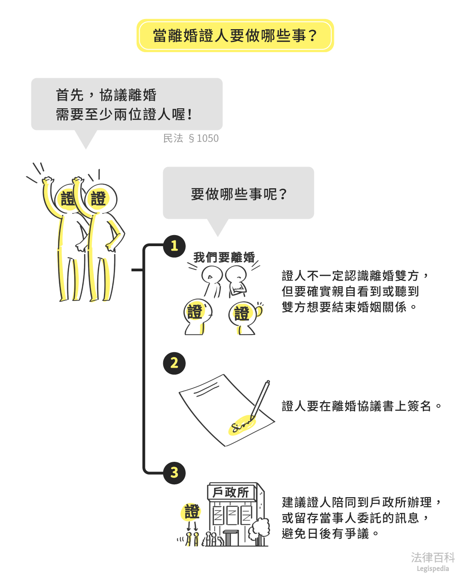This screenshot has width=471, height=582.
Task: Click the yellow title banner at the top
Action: pyautogui.click(x=235, y=35)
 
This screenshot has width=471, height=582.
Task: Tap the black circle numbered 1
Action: pyautogui.click(x=174, y=246)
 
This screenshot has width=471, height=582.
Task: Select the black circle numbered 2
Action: pyautogui.click(x=174, y=363)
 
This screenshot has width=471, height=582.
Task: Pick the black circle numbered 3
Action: pyautogui.click(x=174, y=473)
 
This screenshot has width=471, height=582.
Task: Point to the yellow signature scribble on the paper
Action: pyautogui.click(x=241, y=425)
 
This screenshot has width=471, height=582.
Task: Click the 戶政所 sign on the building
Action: pyautogui.click(x=231, y=492)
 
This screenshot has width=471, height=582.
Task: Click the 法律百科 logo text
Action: pyautogui.click(x=433, y=557)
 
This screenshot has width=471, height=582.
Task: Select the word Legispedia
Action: pyautogui.click(x=433, y=569)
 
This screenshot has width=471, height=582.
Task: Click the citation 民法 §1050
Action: pyautogui.click(x=191, y=138)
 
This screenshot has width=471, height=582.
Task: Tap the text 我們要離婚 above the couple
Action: pyautogui.click(x=224, y=257)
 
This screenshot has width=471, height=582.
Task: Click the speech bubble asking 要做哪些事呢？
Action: pyautogui.click(x=238, y=194)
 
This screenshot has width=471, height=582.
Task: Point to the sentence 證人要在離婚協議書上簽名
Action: pyautogui.click(x=361, y=406)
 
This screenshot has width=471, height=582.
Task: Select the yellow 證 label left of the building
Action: pyautogui.click(x=192, y=512)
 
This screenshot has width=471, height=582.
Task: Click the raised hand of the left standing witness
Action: pyautogui.click(x=47, y=181)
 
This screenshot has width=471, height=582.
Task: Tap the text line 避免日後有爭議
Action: pyautogui.click(x=329, y=533)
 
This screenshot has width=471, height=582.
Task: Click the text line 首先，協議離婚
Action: pyautogui.click(x=106, y=95)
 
